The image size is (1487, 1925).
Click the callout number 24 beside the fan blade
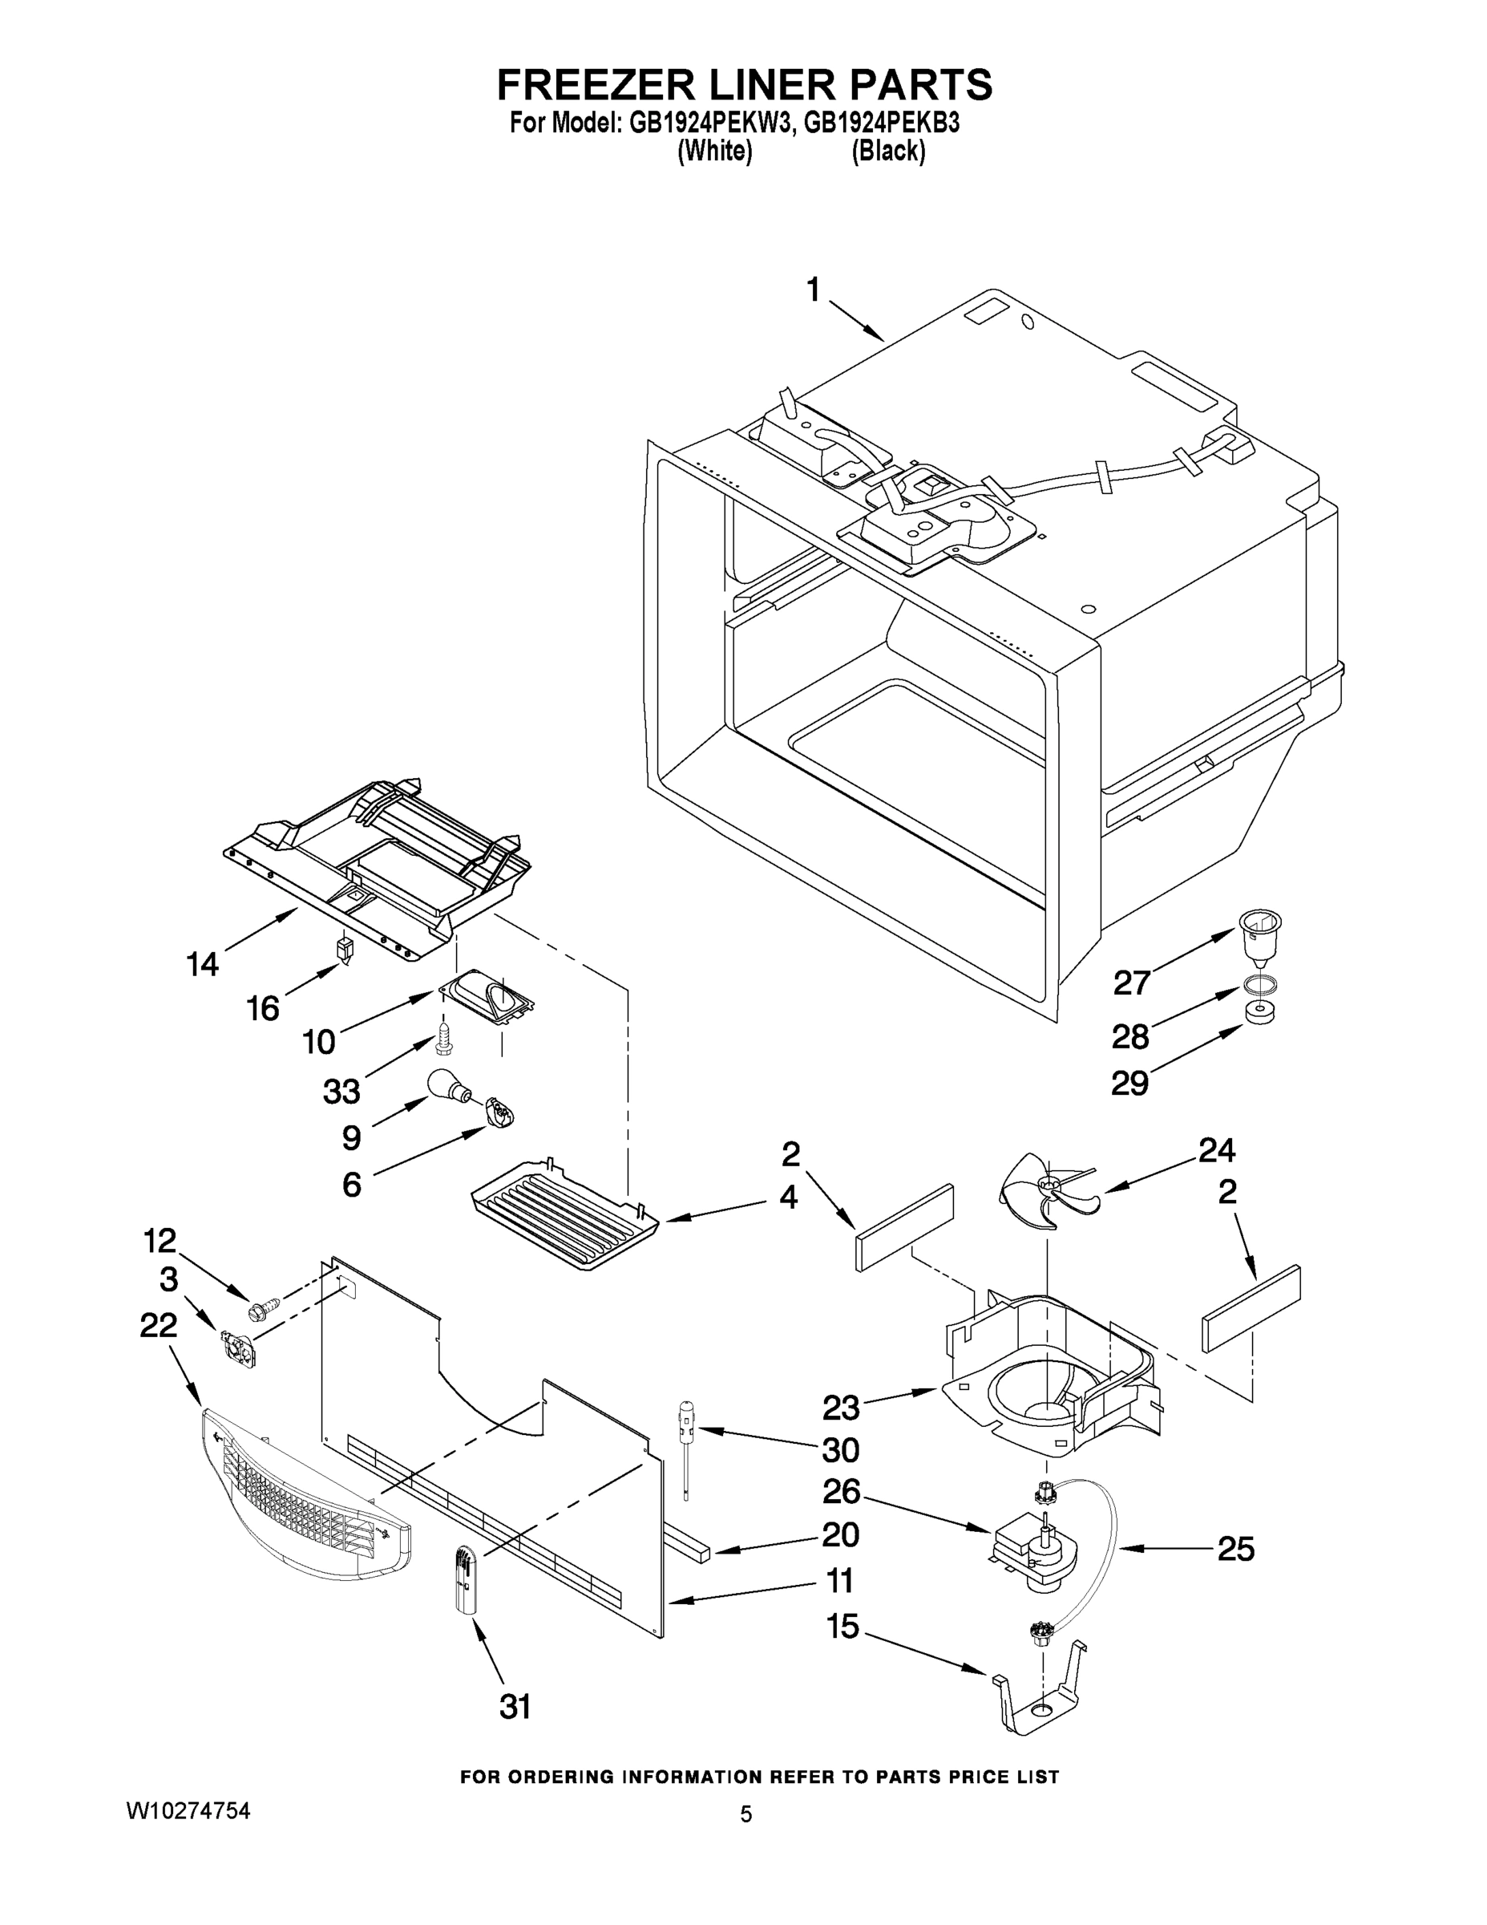[x=1217, y=1150]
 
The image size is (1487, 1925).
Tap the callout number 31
[x=515, y=1708]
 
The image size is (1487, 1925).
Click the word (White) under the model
[x=714, y=152]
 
